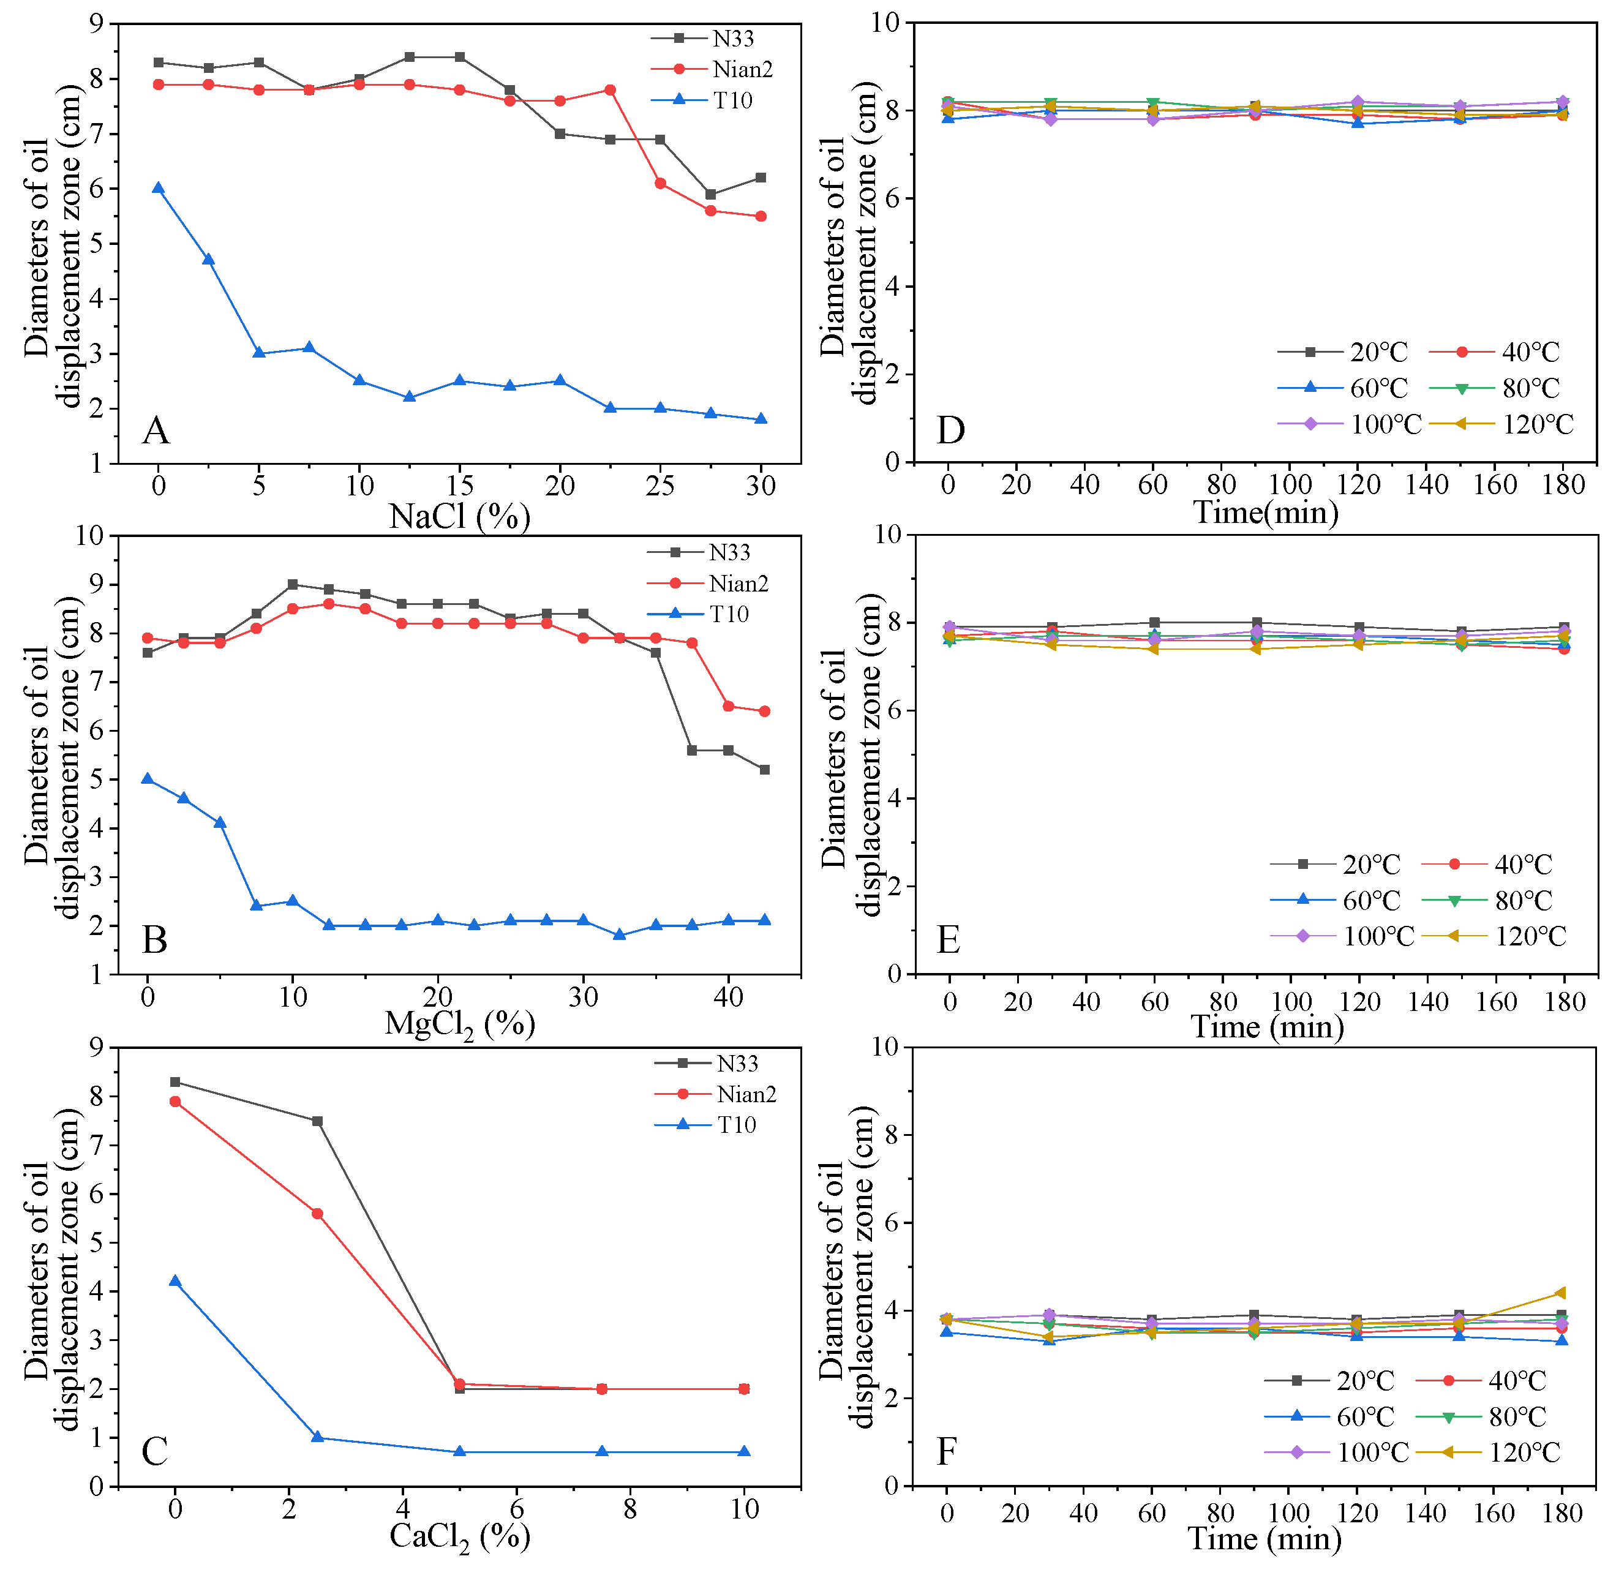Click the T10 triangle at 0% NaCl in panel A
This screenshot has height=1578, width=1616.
coord(158,188)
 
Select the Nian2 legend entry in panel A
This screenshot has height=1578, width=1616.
coord(742,70)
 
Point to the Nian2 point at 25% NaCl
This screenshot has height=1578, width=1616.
coord(661,183)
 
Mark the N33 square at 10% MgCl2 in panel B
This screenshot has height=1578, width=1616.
coord(293,584)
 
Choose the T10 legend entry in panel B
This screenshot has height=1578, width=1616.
coord(729,614)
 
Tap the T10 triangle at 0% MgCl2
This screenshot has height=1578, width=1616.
coord(148,779)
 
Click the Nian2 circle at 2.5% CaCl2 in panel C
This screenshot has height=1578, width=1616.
coord(317,1213)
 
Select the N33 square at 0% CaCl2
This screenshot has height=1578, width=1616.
coord(175,1081)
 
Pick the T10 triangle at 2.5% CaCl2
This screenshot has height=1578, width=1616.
coord(317,1437)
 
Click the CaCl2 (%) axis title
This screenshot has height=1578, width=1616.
coord(459,1538)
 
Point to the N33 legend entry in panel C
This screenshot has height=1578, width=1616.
coord(737,1063)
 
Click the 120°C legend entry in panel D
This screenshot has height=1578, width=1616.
coord(1537,424)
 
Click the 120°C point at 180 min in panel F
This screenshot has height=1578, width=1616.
coord(1562,1293)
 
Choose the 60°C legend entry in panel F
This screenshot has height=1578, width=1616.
coord(1365,1416)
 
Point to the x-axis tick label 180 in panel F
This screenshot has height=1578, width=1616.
coord(1562,1513)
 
